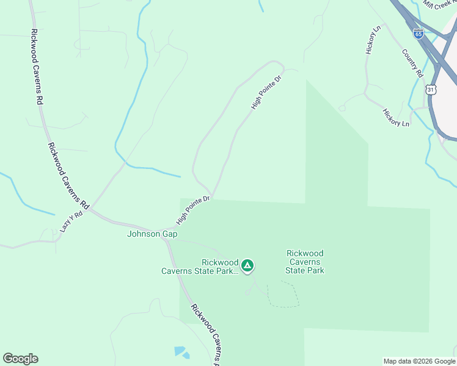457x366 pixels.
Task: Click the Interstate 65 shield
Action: tap(419, 34)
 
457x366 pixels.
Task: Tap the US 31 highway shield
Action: tap(431, 90)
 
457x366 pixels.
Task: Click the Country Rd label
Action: tap(413, 63)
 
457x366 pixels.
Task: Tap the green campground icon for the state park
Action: tap(247, 265)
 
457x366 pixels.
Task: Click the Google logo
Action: tap(20, 359)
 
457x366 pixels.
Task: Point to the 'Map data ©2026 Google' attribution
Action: tap(419, 361)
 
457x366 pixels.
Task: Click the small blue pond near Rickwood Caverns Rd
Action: tap(181, 352)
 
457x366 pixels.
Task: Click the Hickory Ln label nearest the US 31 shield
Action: tap(396, 118)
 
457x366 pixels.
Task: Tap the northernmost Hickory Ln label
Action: tap(373, 40)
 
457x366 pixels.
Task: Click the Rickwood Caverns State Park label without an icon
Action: tap(305, 262)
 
